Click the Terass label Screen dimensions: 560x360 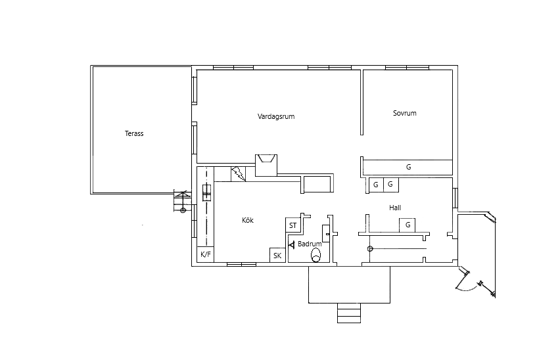(134, 133)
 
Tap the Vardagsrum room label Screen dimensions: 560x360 (276, 116)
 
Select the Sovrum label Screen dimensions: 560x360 (405, 113)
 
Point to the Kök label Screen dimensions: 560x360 (248, 220)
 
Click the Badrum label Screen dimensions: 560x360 (310, 244)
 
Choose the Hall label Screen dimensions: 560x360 (395, 208)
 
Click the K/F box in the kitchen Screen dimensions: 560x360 (205, 254)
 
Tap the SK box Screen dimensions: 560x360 (277, 255)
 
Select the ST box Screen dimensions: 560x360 (293, 225)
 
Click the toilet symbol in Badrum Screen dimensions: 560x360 (315, 255)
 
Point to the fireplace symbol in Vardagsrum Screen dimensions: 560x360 (266, 165)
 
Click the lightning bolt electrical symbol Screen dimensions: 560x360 (238, 174)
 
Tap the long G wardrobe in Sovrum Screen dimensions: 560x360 (408, 167)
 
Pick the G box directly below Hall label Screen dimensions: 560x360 (407, 225)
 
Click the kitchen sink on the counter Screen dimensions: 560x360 (207, 192)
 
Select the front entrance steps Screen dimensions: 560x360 (349, 313)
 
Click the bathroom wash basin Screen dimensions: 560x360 (326, 233)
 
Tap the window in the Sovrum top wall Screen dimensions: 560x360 (407, 68)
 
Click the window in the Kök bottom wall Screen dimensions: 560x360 (241, 264)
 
